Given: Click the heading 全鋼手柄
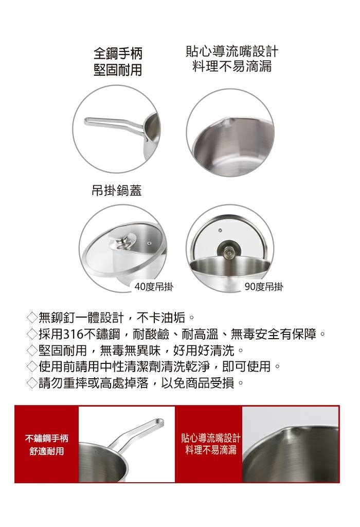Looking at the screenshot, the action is (118, 53).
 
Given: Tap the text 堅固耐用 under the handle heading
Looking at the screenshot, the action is (118, 70).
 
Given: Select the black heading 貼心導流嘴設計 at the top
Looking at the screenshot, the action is (232, 51).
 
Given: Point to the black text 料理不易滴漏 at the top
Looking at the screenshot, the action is (232, 66).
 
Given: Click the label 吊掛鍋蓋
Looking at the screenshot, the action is (117, 190).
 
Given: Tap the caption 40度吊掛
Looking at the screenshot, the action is (154, 287).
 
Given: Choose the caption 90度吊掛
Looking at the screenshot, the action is (264, 287).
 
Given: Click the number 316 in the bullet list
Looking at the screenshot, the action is (73, 334).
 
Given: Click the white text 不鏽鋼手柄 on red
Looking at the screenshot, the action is (47, 438).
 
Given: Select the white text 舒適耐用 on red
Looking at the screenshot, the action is (47, 451).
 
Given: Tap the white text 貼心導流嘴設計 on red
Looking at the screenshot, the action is (210, 437).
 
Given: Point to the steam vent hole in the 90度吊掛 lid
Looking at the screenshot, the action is (220, 230).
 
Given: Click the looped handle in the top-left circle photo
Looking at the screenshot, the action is (116, 125).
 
